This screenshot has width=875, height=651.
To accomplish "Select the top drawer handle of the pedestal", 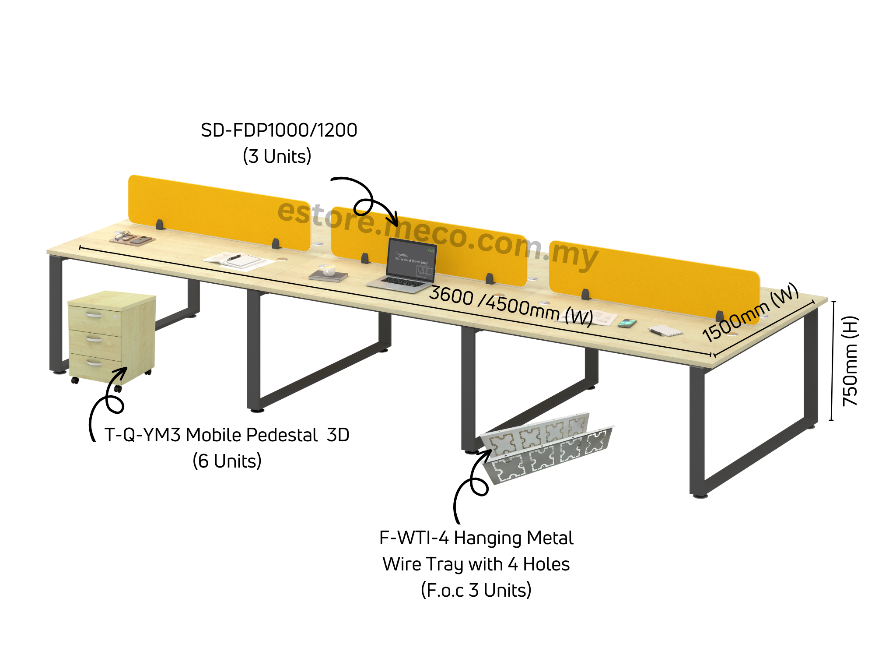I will tap(94, 315).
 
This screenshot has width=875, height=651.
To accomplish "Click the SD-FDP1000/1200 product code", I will tap(279, 130).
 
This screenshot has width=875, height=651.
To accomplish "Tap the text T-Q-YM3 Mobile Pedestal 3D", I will tap(227, 435).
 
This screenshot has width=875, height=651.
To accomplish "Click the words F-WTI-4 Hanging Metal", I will tap(476, 538).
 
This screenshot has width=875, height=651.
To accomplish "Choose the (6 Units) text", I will tap(227, 461).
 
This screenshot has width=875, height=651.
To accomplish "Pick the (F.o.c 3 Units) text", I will tap(476, 590).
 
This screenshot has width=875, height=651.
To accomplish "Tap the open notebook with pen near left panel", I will tap(236, 260).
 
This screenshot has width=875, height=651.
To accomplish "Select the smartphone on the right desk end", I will tap(627, 323).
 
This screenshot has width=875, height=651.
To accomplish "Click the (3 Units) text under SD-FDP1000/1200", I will tap(277, 156).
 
